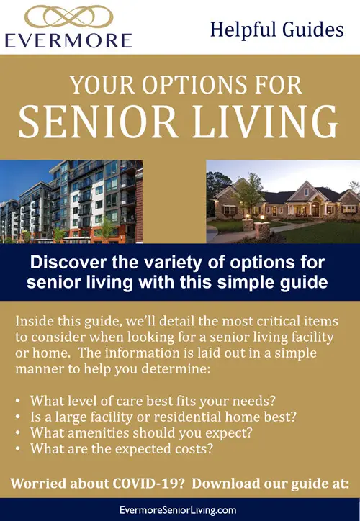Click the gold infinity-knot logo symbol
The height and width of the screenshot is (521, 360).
click(x=69, y=17)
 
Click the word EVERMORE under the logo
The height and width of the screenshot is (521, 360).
click(x=68, y=40)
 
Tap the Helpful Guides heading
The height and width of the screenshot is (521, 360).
click(x=277, y=30)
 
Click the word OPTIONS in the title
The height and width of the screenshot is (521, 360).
click(x=195, y=85)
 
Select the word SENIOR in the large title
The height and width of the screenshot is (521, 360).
click(x=97, y=122)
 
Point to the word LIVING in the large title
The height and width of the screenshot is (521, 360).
click(x=265, y=122)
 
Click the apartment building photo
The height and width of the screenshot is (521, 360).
click(x=71, y=201)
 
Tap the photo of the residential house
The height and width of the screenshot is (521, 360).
click(x=283, y=201)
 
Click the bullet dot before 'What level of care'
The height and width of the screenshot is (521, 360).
click(x=18, y=401)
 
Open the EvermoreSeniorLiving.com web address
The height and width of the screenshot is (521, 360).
click(x=178, y=510)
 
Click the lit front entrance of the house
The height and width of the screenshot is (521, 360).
click(x=315, y=209)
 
